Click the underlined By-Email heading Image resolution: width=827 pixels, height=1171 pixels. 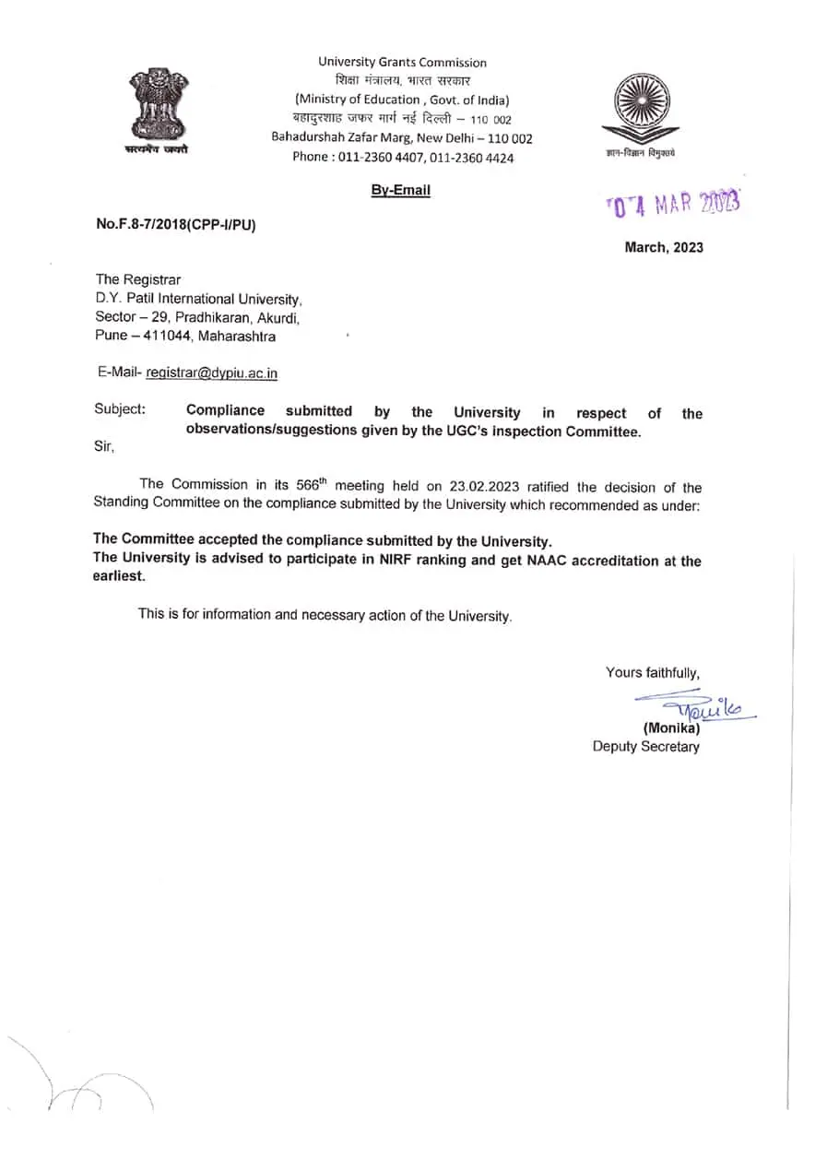pyautogui.click(x=400, y=190)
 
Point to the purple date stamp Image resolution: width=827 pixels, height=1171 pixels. pyautogui.click(x=673, y=204)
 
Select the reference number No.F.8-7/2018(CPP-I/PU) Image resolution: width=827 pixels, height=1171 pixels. pyautogui.click(x=175, y=224)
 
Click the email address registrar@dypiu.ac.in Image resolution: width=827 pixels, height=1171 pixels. pyautogui.click(x=212, y=373)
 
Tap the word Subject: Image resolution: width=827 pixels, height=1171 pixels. pyautogui.click(x=120, y=410)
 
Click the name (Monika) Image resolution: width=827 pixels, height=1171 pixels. pyautogui.click(x=671, y=727)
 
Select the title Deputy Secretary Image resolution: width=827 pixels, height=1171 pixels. pyautogui.click(x=645, y=746)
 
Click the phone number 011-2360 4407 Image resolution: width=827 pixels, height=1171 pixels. pyautogui.click(x=378, y=157)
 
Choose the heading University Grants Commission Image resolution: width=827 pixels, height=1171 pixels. pyautogui.click(x=402, y=62)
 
